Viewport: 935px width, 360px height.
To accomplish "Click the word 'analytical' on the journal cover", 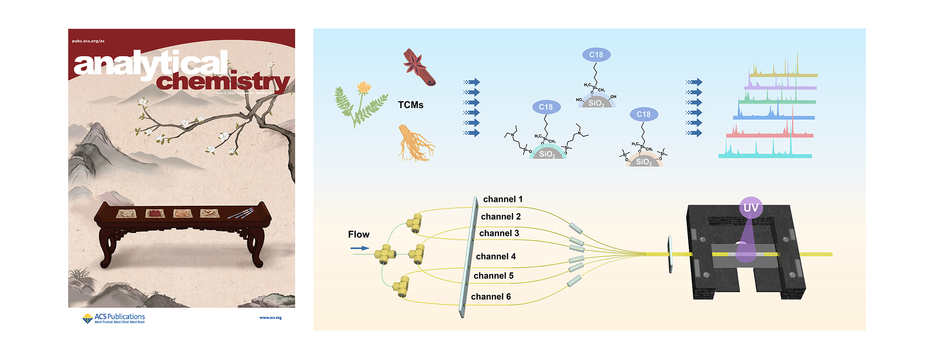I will click(151, 64).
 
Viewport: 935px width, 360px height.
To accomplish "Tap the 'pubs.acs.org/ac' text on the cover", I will click(88, 41).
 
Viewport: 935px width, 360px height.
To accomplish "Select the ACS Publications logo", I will click(113, 318).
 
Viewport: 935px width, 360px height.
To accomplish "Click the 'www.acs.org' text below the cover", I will click(270, 318).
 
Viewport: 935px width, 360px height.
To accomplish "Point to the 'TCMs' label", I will click(410, 105).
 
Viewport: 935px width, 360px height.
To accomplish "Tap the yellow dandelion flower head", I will click(364, 88).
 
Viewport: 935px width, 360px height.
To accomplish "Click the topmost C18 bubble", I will click(596, 55).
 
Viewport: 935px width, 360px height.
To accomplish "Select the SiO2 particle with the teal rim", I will click(547, 152).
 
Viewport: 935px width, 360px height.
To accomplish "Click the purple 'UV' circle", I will click(751, 208).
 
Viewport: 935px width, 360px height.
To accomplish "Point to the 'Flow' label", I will click(359, 235).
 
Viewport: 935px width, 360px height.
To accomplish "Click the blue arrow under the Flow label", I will click(360, 248).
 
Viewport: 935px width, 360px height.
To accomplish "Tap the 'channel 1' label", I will click(503, 199).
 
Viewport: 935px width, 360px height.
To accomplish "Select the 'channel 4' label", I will click(495, 257).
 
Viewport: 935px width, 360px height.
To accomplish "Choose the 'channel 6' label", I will click(491, 297).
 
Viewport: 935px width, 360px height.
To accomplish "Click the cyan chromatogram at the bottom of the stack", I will click(765, 155).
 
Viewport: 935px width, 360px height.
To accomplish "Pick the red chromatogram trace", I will click(769, 134).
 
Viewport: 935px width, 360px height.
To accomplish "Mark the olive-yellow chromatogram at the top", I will click(783, 74).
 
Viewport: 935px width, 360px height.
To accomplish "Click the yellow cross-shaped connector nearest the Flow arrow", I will click(385, 254).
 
